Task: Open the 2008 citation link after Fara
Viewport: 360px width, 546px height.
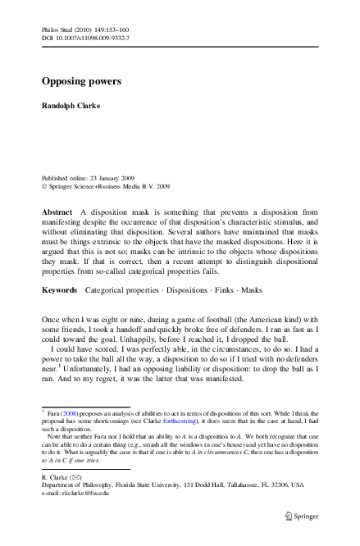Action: pos(72,416)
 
